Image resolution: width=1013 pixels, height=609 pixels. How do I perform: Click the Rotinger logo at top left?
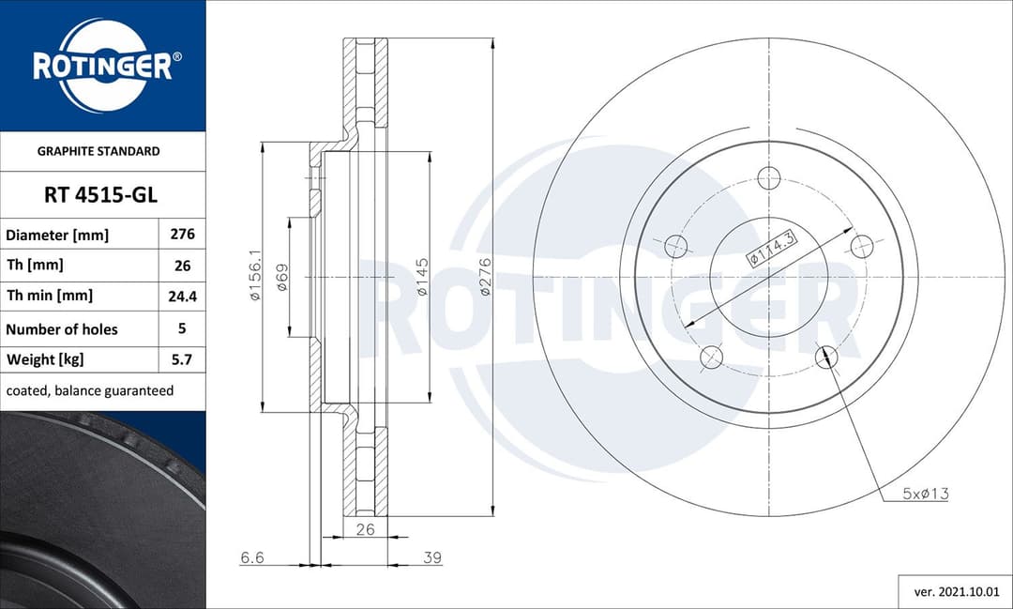tap(102, 66)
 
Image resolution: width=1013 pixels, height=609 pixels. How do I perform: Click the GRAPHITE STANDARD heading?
tap(98, 151)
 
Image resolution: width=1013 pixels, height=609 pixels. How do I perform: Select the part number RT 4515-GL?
tap(100, 195)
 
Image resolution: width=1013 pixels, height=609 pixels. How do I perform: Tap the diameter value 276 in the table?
tap(182, 235)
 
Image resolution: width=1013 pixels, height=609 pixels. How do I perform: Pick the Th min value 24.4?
tap(182, 296)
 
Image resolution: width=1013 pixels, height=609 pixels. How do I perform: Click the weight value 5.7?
tap(182, 359)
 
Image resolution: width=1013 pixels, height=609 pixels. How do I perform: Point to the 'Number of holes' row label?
tap(62, 329)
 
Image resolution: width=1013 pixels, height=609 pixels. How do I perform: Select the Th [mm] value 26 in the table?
tap(182, 266)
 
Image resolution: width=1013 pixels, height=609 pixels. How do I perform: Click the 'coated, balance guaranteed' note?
tap(90, 390)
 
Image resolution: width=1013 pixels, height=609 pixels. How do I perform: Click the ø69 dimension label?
tap(281, 279)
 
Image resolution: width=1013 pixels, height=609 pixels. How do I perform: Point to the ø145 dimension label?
tap(422, 277)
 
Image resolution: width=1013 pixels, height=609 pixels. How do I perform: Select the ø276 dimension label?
tap(485, 277)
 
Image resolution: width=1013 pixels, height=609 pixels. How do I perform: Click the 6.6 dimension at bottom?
tap(252, 557)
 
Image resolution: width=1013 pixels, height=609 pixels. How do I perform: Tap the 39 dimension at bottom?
tap(431, 557)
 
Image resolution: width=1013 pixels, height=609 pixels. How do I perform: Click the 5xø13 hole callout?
tap(925, 494)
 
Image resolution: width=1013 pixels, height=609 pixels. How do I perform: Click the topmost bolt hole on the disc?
tap(769, 177)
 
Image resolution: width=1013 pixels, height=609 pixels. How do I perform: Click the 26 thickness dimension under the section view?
tap(365, 529)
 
